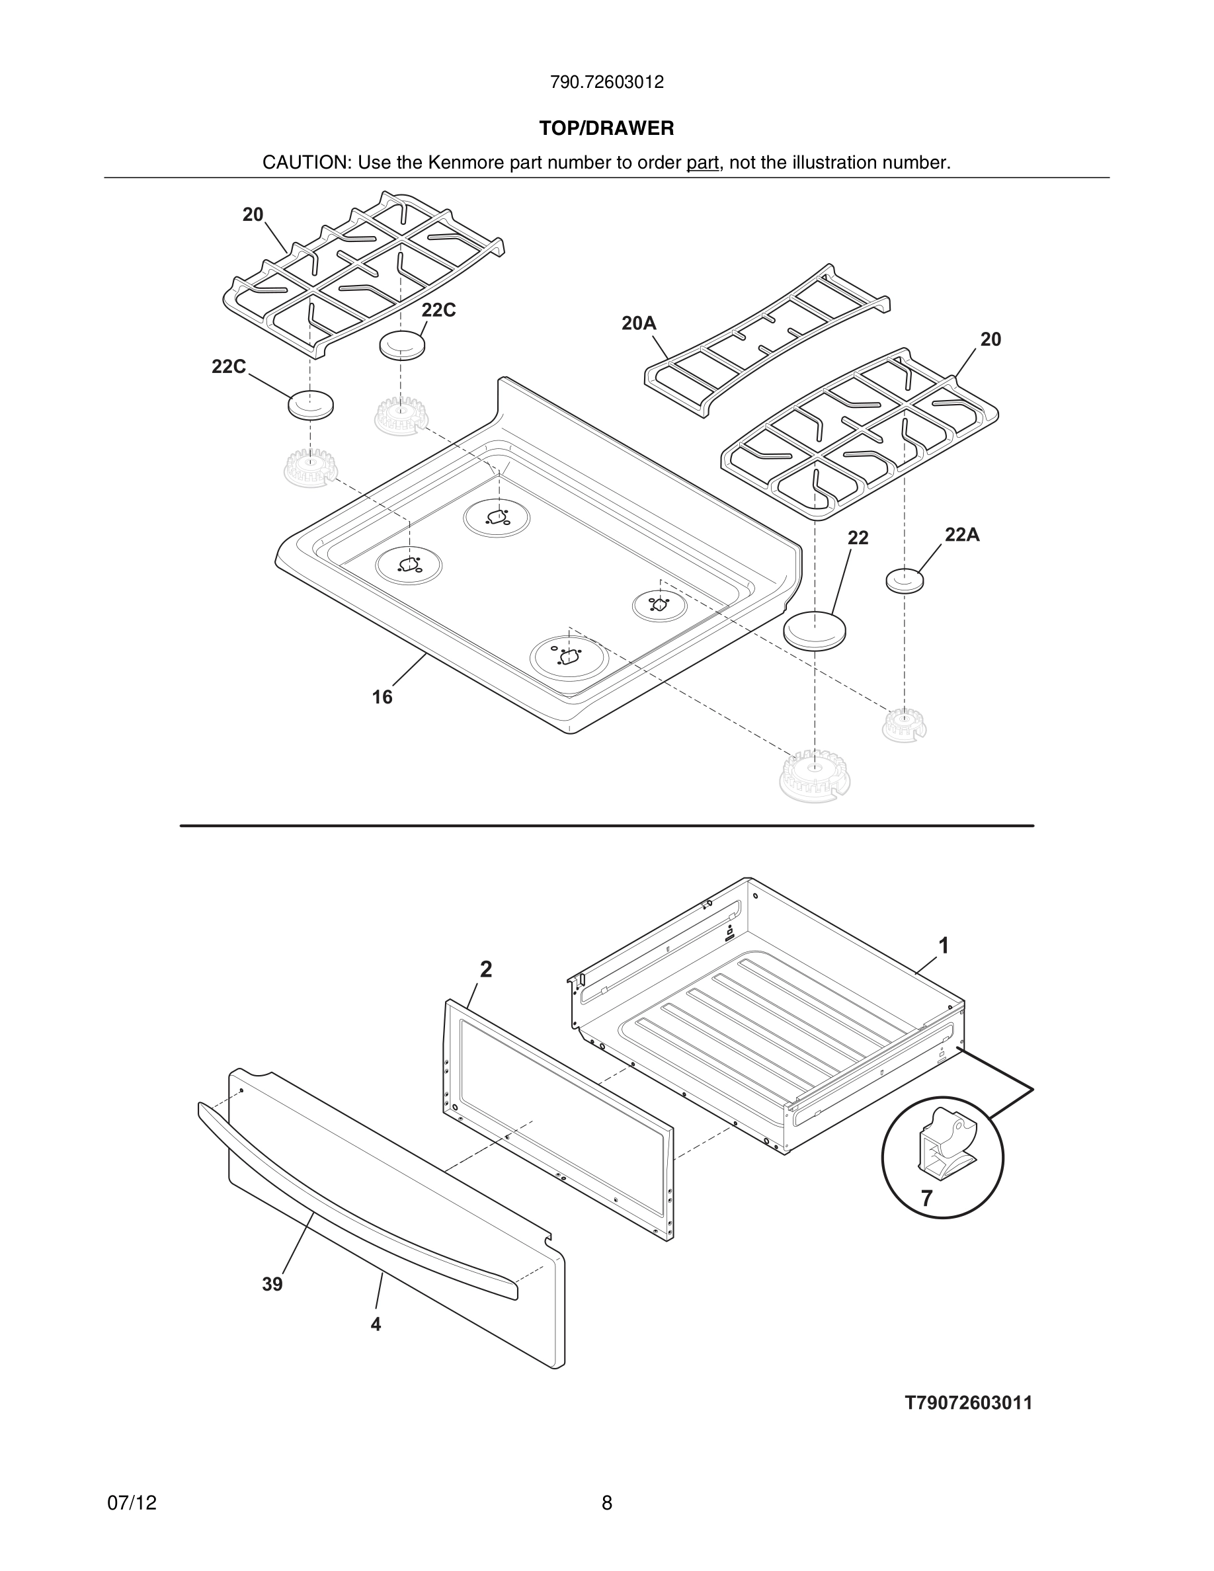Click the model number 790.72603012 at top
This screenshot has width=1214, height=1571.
point(606,83)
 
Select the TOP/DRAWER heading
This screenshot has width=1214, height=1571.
point(606,129)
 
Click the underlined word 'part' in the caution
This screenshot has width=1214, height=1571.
point(702,163)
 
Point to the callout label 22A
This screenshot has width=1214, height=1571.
point(961,534)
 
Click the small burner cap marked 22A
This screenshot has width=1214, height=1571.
point(904,580)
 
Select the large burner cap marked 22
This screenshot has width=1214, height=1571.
point(813,629)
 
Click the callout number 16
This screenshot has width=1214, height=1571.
point(382,697)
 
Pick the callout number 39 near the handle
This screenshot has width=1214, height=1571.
point(272,1284)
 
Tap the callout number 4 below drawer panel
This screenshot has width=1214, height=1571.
point(376,1324)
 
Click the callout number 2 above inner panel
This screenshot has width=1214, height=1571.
point(486,970)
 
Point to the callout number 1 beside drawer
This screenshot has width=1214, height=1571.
point(944,946)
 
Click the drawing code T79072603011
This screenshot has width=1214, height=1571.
point(968,1404)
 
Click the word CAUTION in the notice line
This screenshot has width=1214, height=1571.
point(305,163)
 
